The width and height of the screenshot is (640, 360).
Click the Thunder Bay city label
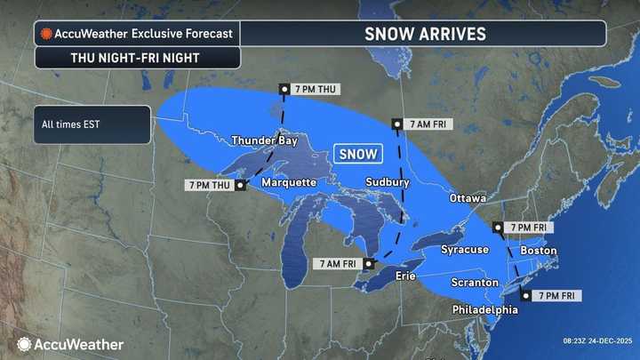[x=263, y=140]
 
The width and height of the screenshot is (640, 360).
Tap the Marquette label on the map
[x=288, y=182]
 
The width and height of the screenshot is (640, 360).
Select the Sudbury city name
[x=387, y=182]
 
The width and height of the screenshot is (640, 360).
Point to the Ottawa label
[x=468, y=197]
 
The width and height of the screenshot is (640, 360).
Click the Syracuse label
[x=465, y=250]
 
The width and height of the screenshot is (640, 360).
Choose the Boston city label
[x=538, y=251]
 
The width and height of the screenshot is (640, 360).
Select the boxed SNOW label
[x=359, y=153]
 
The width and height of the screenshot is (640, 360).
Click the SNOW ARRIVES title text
[x=425, y=34]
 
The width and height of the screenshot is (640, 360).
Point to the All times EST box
[x=92, y=124]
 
